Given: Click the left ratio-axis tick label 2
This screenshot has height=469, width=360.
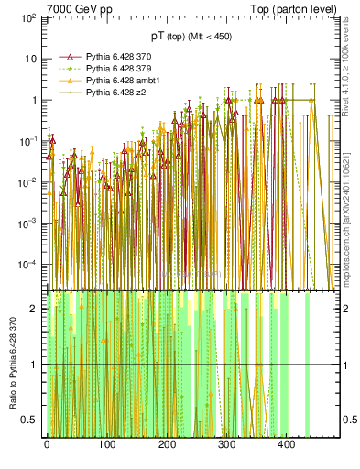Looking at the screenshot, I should (x=34, y=309).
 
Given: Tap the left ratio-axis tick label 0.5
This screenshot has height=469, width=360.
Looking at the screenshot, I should (x=30, y=420).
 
